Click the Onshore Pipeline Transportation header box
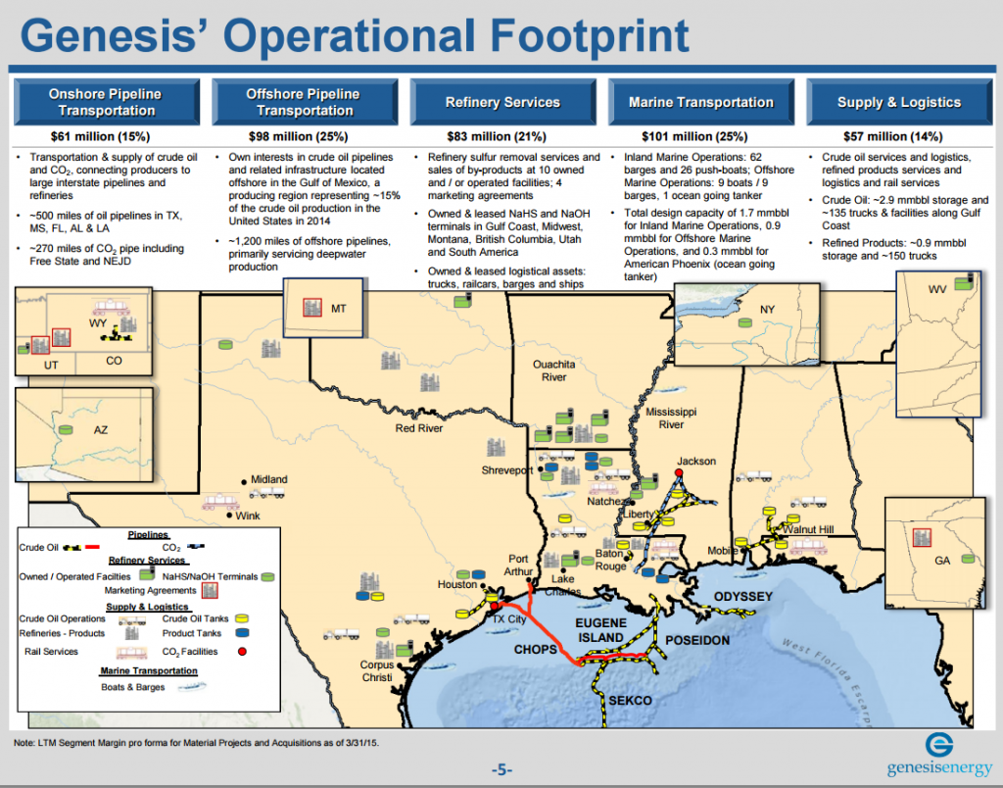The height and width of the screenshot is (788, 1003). click(105, 102)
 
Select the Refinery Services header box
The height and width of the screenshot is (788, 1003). click(502, 102)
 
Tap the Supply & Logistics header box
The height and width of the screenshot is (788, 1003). click(898, 102)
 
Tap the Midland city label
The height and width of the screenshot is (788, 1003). click(268, 479)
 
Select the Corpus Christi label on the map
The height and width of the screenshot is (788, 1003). click(377, 671)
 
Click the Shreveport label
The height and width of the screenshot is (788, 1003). click(507, 470)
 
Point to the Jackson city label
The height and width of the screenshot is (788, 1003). click(696, 462)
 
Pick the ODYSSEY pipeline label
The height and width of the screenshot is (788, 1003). click(743, 597)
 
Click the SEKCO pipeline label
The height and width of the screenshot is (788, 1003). click(630, 701)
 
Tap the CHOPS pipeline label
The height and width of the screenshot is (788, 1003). click(536, 650)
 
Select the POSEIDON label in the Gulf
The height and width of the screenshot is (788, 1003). click(697, 640)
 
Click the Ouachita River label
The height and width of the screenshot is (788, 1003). click(553, 370)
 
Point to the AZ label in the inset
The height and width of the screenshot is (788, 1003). click(101, 430)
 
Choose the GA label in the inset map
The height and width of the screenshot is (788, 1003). click(942, 560)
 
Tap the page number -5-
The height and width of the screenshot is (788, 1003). click(501, 769)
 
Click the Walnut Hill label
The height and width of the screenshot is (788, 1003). click(808, 530)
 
